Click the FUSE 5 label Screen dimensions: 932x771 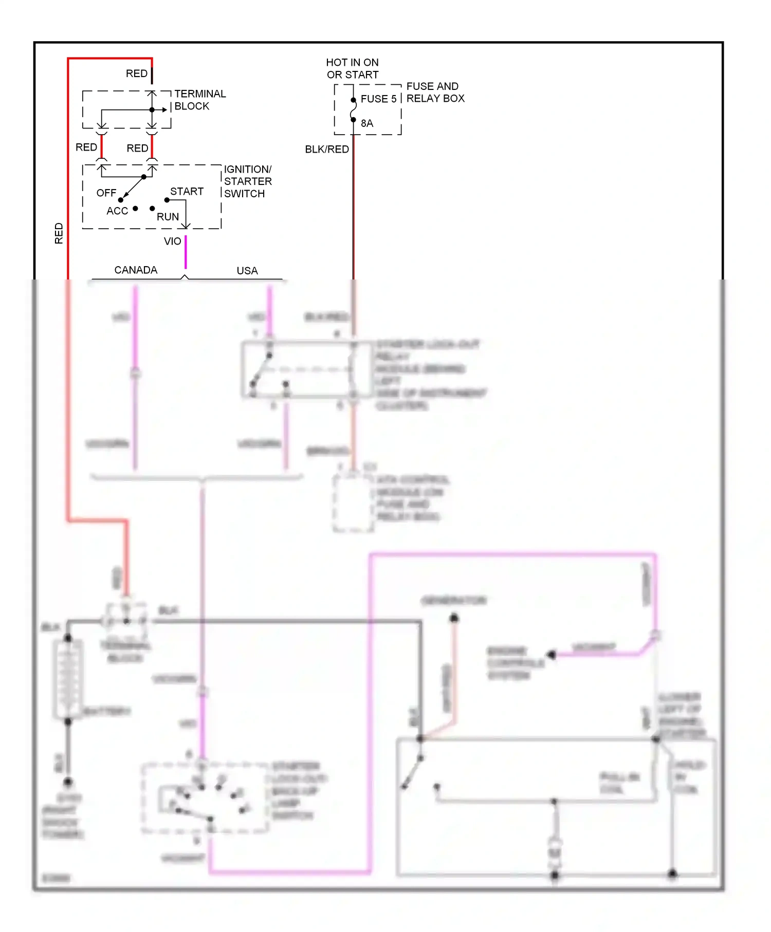point(378,99)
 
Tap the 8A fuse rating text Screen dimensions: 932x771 point(366,123)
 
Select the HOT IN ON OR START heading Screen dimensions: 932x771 point(352,68)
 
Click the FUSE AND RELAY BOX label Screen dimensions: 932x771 point(435,92)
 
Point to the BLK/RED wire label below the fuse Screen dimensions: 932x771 point(326,149)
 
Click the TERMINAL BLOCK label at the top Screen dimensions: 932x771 point(199,100)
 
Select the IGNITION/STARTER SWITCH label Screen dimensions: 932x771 point(247,181)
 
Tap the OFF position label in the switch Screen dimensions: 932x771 point(106,193)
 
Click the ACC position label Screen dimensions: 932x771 point(117,211)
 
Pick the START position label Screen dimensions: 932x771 point(187,191)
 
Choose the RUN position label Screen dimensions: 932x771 point(168,217)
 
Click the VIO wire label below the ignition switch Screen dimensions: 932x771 point(172,241)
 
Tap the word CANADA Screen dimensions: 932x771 point(136,270)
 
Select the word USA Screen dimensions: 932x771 point(247,270)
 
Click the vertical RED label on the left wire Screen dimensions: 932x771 point(59,233)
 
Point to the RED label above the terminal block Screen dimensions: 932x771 point(136,73)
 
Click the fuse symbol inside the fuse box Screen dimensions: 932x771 point(353,110)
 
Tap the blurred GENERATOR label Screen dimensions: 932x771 point(453,600)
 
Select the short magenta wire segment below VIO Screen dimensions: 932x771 point(186,252)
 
